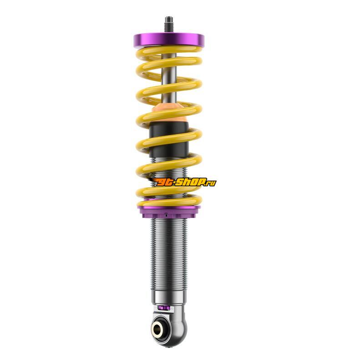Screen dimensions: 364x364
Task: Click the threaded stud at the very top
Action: [x=169, y=25]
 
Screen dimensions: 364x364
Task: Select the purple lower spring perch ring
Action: [x=169, y=211]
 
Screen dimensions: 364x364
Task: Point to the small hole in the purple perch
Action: [x=166, y=216]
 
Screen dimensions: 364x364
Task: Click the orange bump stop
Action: [x=169, y=112]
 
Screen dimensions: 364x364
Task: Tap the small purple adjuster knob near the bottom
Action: [x=163, y=308]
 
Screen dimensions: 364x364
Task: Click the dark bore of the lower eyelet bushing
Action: [x=157, y=329]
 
